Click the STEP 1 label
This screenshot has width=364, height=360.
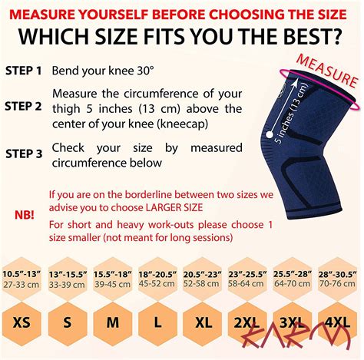[24, 69]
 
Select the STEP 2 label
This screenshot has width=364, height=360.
[24, 107]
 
